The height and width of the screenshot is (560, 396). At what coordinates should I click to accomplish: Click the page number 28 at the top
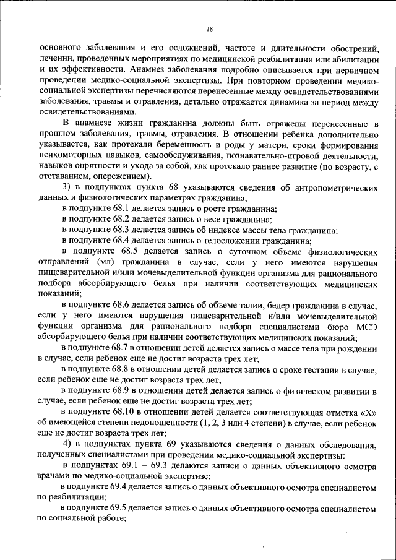(210, 28)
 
